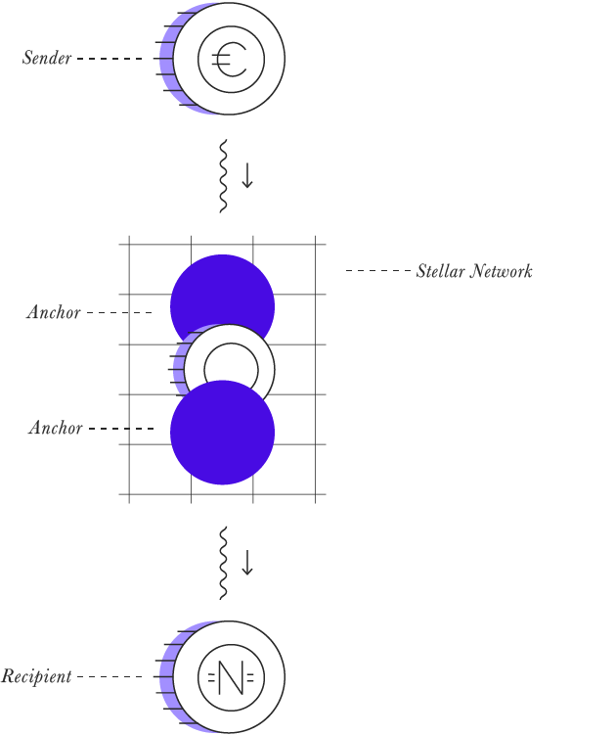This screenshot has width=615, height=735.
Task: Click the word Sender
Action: pos(47,58)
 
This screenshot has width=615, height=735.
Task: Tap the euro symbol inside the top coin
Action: pos(229,60)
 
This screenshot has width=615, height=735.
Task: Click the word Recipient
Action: pos(36,676)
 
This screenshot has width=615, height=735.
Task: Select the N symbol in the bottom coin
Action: pos(231,677)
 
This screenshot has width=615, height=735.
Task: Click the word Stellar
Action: pos(441,271)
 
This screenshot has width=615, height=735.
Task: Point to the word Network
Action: pos(502,271)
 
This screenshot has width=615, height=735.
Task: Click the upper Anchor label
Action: pos(54,312)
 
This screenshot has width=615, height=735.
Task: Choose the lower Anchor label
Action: pos(56,428)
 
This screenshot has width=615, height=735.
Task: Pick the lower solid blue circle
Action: pos(223,433)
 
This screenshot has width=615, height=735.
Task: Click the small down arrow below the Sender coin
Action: pos(247,176)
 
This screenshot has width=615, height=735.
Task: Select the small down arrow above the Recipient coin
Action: pos(247,563)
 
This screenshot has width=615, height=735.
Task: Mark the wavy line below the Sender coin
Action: pos(224,176)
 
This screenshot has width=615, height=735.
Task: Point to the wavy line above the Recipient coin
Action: pos(224,563)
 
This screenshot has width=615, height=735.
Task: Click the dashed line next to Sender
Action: pos(110,59)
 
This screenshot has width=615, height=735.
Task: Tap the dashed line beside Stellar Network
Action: pos(378,270)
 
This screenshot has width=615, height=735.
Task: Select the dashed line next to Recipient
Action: pos(110,676)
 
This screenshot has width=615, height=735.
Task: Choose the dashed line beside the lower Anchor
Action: pos(121,429)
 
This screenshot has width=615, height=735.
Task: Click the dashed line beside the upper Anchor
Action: pos(119,312)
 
